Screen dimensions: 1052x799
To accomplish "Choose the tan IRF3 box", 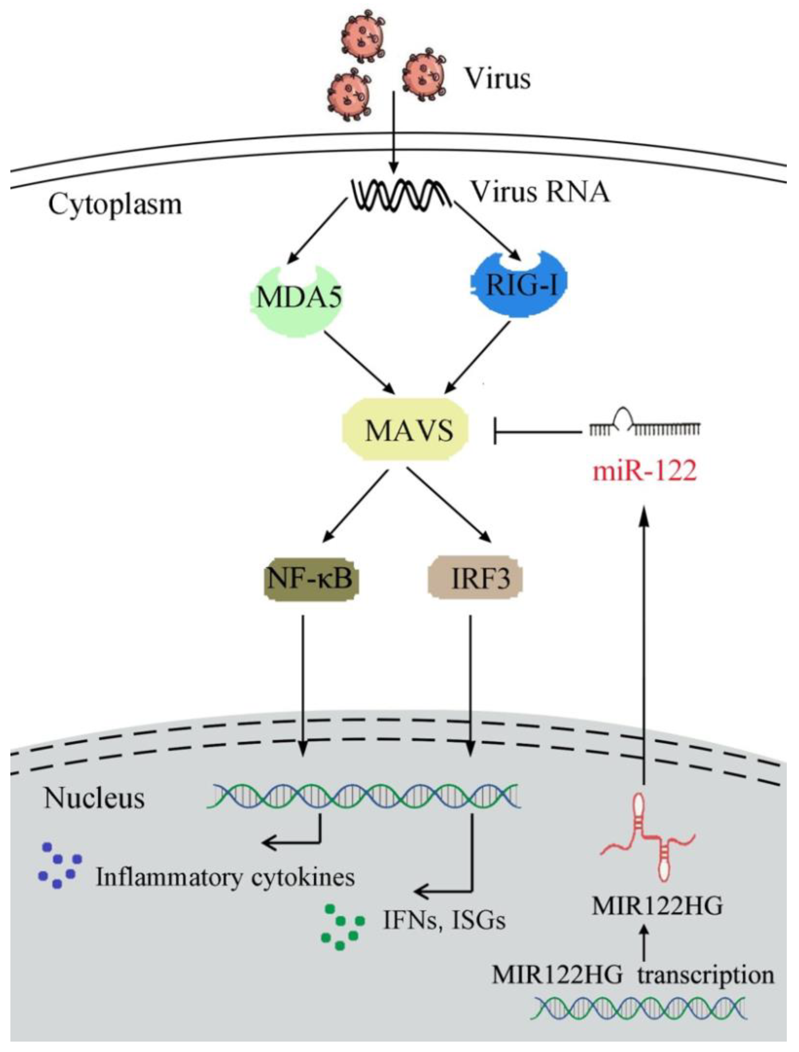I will pyautogui.click(x=475, y=579).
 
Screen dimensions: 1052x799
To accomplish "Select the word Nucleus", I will pyautogui.click(x=94, y=798).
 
